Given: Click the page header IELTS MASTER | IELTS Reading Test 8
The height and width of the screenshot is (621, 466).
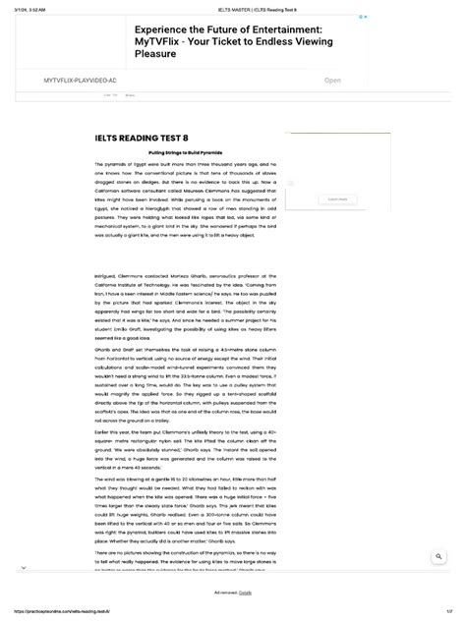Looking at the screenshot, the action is pos(233,6).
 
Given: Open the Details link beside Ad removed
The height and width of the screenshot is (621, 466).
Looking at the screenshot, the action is pos(246,593).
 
